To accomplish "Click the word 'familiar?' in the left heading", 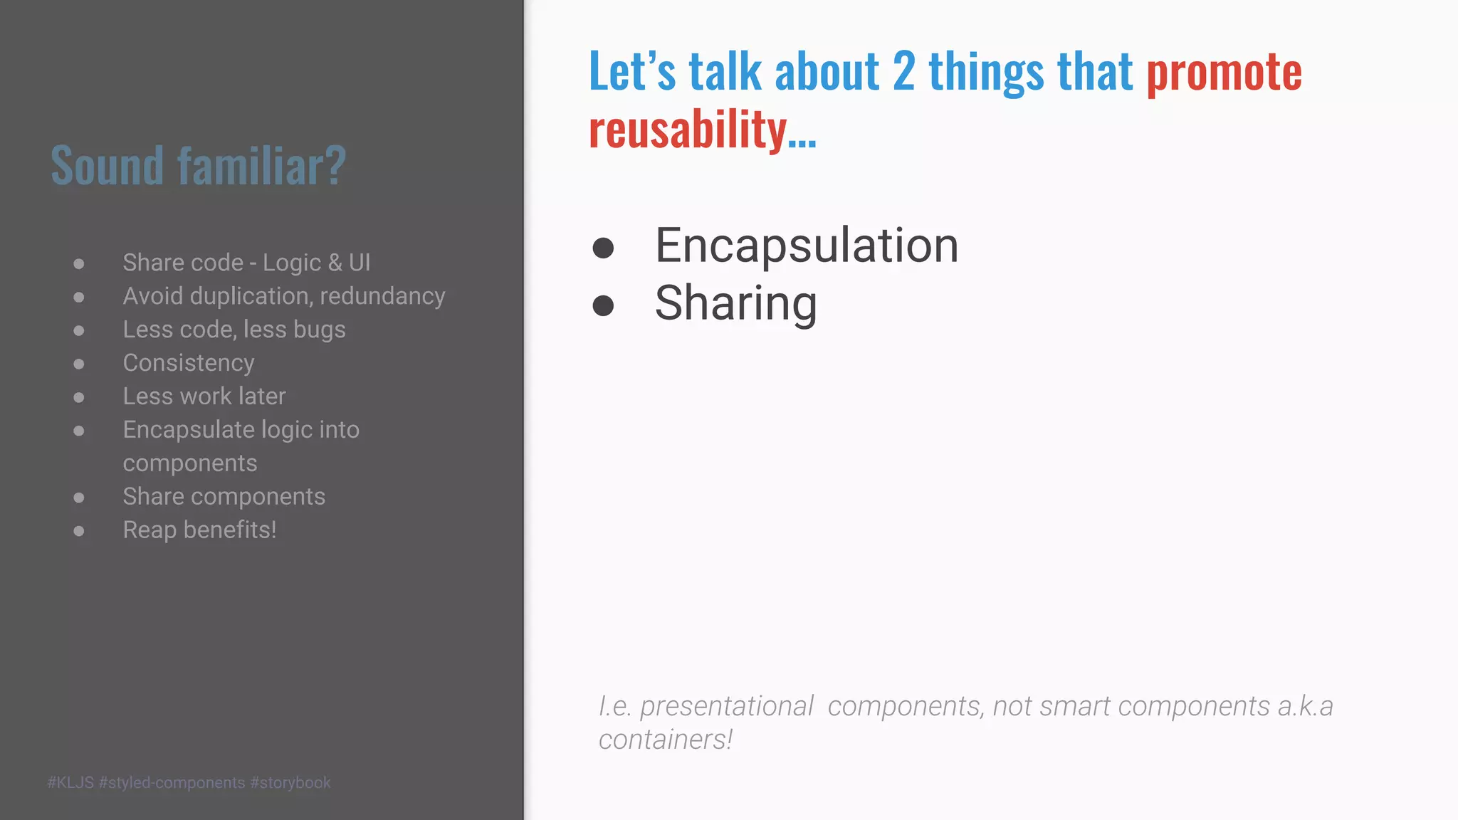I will pyautogui.click(x=261, y=166).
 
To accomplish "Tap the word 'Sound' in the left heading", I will pyautogui.click(x=107, y=166).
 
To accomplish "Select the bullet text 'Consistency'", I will pyautogui.click(x=189, y=363).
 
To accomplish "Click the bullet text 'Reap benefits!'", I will pyautogui.click(x=199, y=530).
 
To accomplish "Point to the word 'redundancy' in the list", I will pyautogui.click(x=382, y=296).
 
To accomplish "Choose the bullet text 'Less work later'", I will pyautogui.click(x=204, y=396).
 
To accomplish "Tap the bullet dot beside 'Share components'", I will pyautogui.click(x=79, y=498).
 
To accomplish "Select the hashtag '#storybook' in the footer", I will pyautogui.click(x=290, y=783).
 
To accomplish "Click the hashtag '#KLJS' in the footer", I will pyautogui.click(x=70, y=783).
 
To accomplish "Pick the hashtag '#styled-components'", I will pyautogui.click(x=172, y=783).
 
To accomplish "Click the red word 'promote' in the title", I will pyautogui.click(x=1224, y=73).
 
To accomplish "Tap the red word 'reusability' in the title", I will pyautogui.click(x=688, y=130).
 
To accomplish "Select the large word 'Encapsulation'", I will pyautogui.click(x=807, y=246).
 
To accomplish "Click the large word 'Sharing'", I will pyautogui.click(x=736, y=304).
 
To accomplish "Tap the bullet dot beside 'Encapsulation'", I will pyautogui.click(x=603, y=248).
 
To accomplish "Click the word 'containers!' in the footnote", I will pyautogui.click(x=666, y=740).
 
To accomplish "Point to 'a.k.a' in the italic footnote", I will pyautogui.click(x=1305, y=706).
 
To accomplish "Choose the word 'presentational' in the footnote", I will pyautogui.click(x=726, y=706).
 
